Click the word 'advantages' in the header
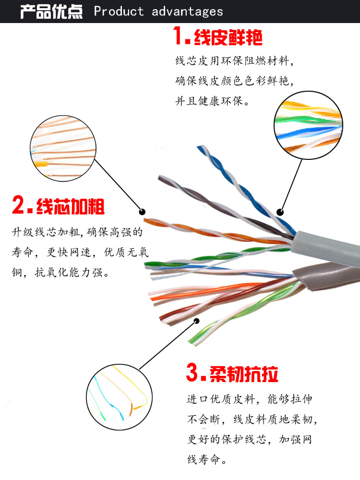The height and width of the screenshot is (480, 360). pyautogui.click(x=187, y=12)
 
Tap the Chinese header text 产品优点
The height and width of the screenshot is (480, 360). pyautogui.click(x=51, y=11)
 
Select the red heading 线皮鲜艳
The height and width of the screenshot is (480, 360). pyautogui.click(x=228, y=37)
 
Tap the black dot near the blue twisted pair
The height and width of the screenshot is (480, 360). pyautogui.click(x=280, y=212)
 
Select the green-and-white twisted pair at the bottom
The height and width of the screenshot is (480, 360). pyautogui.click(x=226, y=317)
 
